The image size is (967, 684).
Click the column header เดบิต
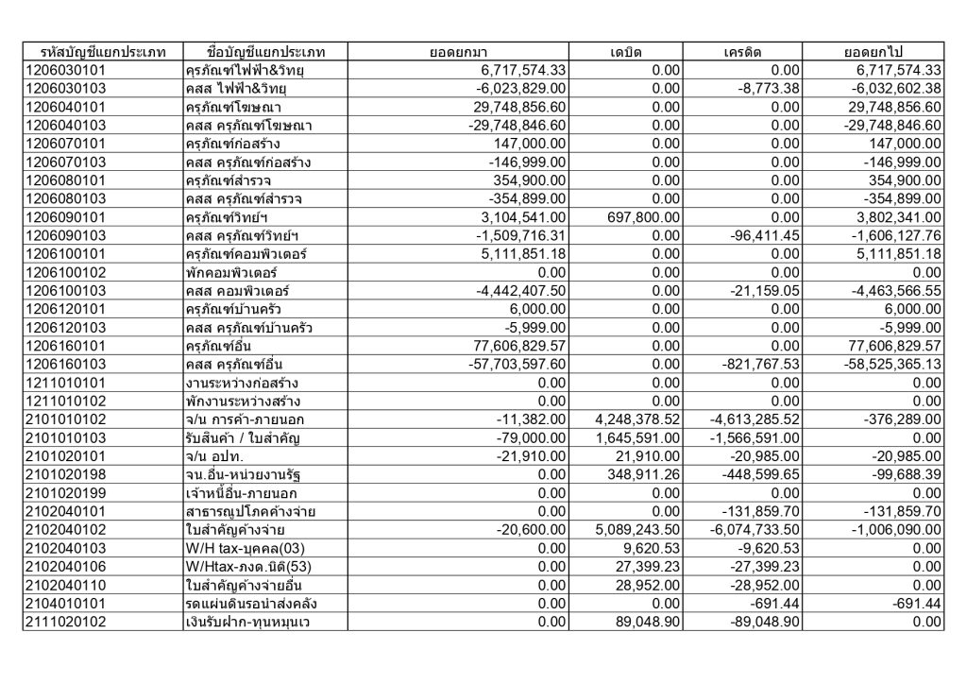point(626,51)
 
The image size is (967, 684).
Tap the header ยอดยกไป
point(873,51)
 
